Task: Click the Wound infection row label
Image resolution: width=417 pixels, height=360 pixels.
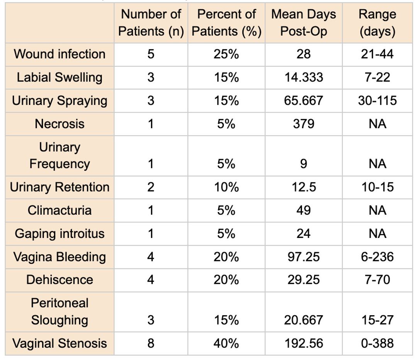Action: point(59,54)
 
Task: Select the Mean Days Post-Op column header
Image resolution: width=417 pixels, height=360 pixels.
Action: point(303,23)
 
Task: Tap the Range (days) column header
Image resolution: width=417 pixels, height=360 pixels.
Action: point(377,23)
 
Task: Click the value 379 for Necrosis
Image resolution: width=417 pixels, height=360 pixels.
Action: point(303,124)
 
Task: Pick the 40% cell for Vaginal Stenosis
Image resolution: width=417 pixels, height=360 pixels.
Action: point(226,343)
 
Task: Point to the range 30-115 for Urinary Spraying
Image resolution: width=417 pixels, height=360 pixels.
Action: point(377,100)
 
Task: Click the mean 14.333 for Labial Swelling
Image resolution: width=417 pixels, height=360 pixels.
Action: point(304,77)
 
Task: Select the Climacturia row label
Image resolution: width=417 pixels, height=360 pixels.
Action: point(59,210)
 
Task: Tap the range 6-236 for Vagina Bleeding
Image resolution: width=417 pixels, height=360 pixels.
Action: point(377,257)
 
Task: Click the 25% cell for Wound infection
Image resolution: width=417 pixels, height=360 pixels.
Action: point(226,54)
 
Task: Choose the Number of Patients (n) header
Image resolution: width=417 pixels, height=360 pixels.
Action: point(151,23)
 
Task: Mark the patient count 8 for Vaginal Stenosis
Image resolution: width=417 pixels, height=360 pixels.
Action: point(151,343)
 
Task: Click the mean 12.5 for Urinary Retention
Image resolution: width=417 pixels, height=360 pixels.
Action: point(304,187)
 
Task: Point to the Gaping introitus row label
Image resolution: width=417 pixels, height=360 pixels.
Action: point(59,234)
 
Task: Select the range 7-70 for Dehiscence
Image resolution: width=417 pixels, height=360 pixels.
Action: point(377,280)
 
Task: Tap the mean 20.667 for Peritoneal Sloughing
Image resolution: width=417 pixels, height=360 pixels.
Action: point(304,320)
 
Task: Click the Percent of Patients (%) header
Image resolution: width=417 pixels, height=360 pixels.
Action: point(226,23)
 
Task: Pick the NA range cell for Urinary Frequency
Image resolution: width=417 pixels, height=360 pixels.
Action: point(377,164)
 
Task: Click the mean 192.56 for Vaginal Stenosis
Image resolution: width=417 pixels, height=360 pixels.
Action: point(304,343)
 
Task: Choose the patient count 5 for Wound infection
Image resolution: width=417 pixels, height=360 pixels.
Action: point(151,54)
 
